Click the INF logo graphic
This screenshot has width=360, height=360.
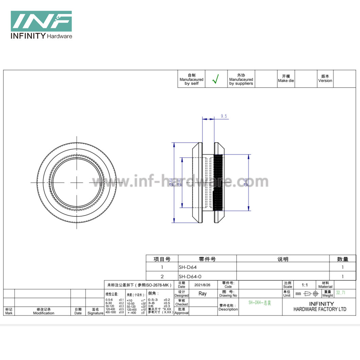click(41, 21)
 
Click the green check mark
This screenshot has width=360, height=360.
click(215, 79)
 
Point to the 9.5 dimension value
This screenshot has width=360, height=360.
click(224, 116)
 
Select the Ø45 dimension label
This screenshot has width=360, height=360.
click(246, 182)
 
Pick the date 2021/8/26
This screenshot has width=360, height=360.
click(202, 285)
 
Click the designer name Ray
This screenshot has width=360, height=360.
click(202, 293)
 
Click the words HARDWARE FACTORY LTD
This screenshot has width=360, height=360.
click(320, 309)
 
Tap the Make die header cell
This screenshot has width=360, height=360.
click(286, 79)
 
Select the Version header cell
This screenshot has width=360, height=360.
click(325, 79)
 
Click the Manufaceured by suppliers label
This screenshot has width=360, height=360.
click(241, 79)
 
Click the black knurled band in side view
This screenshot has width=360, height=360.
click(218, 183)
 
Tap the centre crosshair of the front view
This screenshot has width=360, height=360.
click(77, 182)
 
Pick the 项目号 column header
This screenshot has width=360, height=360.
click(162, 259)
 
